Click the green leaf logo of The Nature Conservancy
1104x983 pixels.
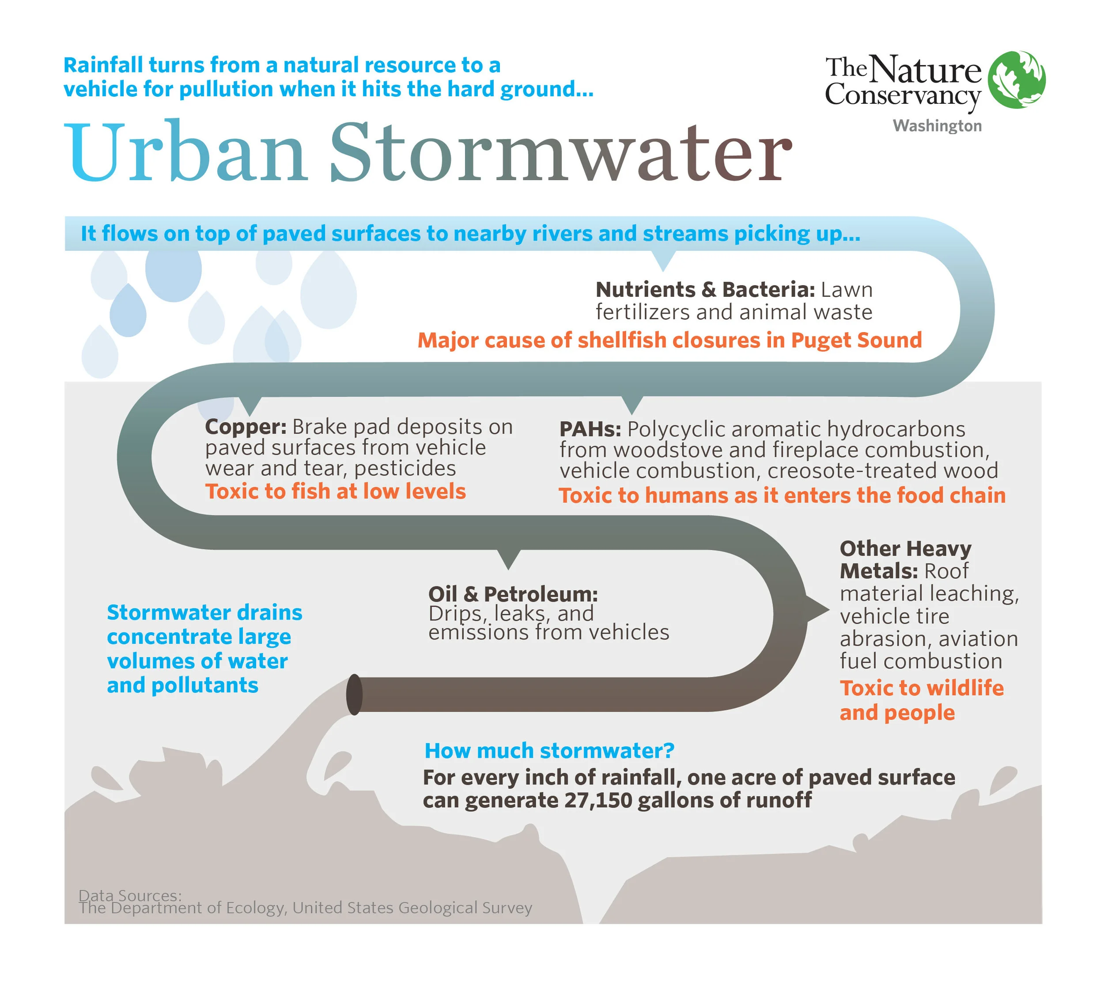[1016, 79]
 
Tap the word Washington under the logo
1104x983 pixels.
[937, 126]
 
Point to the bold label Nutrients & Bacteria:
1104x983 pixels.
[705, 290]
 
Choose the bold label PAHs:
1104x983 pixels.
[590, 429]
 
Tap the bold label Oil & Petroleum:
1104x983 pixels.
[513, 594]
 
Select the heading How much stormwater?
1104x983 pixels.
[549, 751]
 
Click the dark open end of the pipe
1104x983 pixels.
[354, 695]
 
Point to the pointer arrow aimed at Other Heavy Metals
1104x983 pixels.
[818, 610]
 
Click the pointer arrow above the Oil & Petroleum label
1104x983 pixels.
[508, 560]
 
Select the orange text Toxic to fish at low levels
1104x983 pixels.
[335, 491]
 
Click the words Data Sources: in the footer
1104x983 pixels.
[130, 896]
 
